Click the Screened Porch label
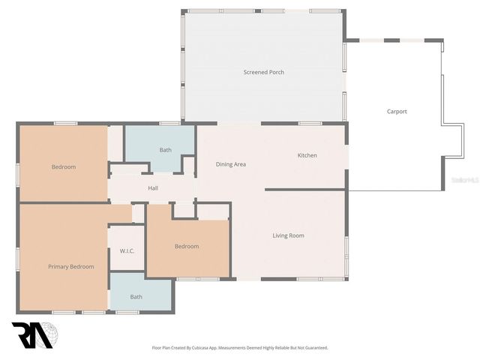[x=263, y=72]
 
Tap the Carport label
[x=397, y=112]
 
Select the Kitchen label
[x=307, y=155]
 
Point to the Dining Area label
[x=231, y=164]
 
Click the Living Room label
[x=288, y=235]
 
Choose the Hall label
[x=153, y=188]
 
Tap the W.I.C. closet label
[x=127, y=250]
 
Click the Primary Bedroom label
[x=70, y=266]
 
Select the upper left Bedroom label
[x=64, y=166]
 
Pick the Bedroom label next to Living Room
[x=187, y=246]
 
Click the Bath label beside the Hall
[x=165, y=150]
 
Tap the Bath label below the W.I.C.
[x=136, y=297]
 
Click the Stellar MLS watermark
[x=464, y=181]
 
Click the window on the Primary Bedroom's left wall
[x=18, y=257]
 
